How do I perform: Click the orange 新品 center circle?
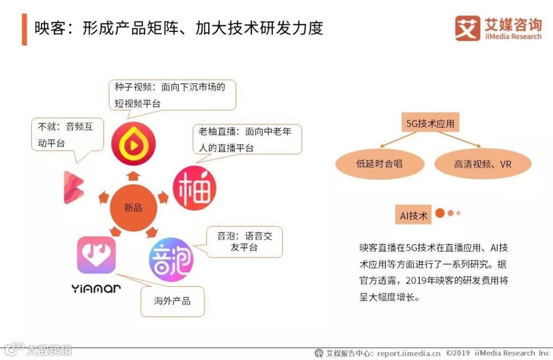(x=133, y=207)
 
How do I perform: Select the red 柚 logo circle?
(x=194, y=188)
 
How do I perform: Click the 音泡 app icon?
(x=171, y=259)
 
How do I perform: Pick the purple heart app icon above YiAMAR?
(x=96, y=255)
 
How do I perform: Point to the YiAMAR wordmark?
(x=96, y=289)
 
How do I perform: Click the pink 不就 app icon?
(x=73, y=187)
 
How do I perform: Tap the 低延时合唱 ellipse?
(x=379, y=164)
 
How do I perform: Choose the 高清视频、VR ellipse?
(x=483, y=164)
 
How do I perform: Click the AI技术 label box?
(x=414, y=216)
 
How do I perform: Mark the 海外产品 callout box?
(x=172, y=301)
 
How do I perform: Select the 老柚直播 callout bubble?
(x=247, y=139)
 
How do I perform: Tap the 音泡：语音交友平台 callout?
(x=244, y=242)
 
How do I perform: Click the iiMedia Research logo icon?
(x=467, y=28)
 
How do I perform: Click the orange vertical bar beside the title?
(x=24, y=29)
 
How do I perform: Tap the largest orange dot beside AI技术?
(x=439, y=213)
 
